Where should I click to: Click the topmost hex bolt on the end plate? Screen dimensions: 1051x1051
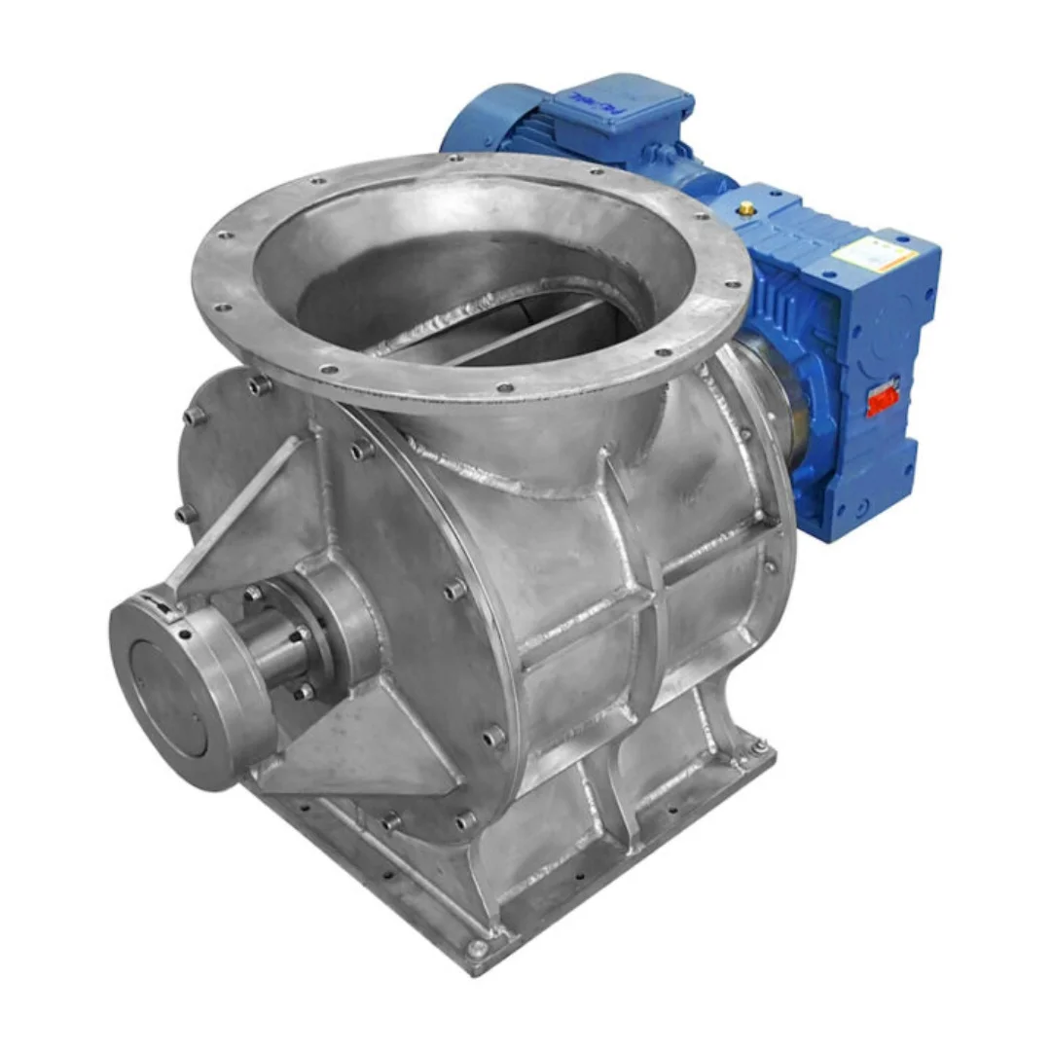pyautogui.click(x=259, y=386)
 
